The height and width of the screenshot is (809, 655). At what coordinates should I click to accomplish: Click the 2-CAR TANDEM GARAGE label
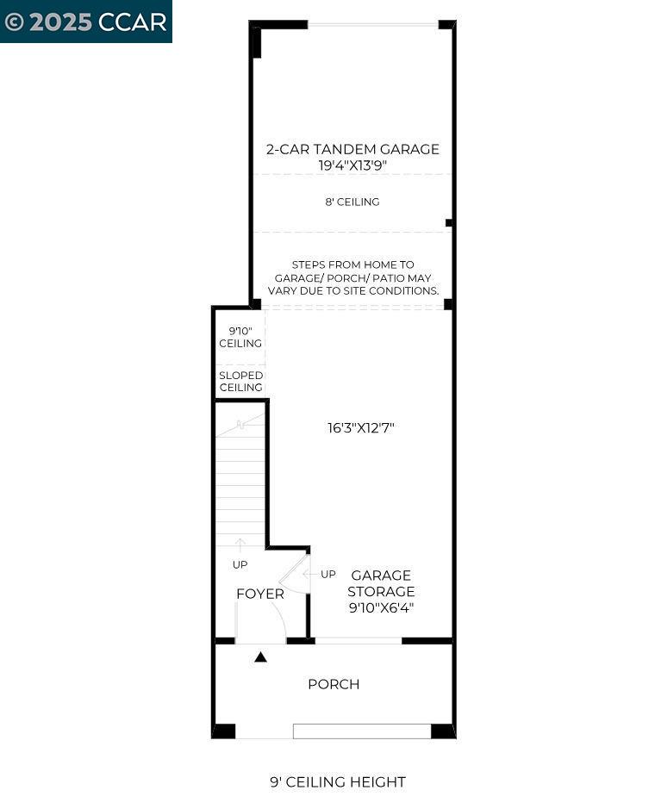[x=352, y=149]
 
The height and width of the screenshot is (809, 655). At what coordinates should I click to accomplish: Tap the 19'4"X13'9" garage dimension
[x=352, y=164]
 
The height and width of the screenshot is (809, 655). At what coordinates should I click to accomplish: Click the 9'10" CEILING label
[x=240, y=337]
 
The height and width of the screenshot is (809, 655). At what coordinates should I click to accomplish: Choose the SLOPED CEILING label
[x=240, y=382]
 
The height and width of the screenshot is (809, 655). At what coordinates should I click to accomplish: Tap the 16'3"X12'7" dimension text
[x=360, y=427]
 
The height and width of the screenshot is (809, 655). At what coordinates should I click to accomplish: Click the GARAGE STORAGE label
[x=380, y=583]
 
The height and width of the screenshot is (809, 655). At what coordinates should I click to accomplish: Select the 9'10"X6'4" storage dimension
[x=380, y=607]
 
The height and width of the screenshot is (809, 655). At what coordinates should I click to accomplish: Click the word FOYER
[x=259, y=594]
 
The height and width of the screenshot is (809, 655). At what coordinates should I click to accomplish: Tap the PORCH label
[x=334, y=684]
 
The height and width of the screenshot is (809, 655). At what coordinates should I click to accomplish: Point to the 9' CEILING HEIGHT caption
[x=337, y=782]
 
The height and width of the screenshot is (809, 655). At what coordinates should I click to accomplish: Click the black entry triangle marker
[x=260, y=657]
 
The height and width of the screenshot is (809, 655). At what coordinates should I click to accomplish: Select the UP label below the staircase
[x=240, y=564]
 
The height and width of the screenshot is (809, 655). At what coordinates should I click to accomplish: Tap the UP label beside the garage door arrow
[x=328, y=574]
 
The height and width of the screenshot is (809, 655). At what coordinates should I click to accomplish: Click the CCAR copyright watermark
[x=85, y=22]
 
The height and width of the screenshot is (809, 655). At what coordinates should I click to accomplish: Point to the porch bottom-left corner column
[x=224, y=731]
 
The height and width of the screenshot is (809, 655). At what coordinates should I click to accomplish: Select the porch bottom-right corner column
[x=442, y=731]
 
